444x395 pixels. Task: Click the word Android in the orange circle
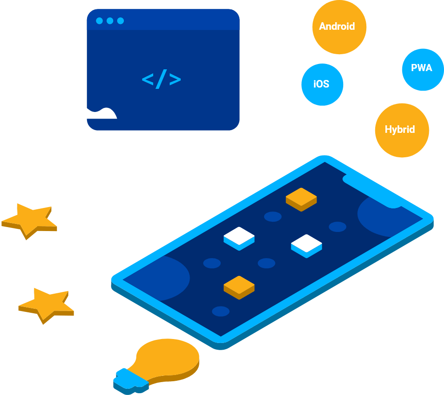(337, 27)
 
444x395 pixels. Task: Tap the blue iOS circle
(321, 84)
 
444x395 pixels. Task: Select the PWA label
(421, 68)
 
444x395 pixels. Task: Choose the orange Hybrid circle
(401, 130)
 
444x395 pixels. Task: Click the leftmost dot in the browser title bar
(99, 21)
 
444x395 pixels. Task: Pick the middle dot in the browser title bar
(110, 21)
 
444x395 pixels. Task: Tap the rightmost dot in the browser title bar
(120, 21)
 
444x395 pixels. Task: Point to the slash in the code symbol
(162, 80)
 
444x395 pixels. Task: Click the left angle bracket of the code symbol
(147, 80)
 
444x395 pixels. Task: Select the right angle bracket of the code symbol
(175, 80)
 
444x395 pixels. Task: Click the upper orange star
(29, 220)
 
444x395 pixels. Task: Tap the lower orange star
(46, 304)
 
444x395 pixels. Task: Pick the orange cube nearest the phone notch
(301, 198)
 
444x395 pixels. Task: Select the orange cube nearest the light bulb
(239, 287)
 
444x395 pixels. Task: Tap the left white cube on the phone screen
(239, 238)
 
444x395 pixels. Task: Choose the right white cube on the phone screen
(306, 245)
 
